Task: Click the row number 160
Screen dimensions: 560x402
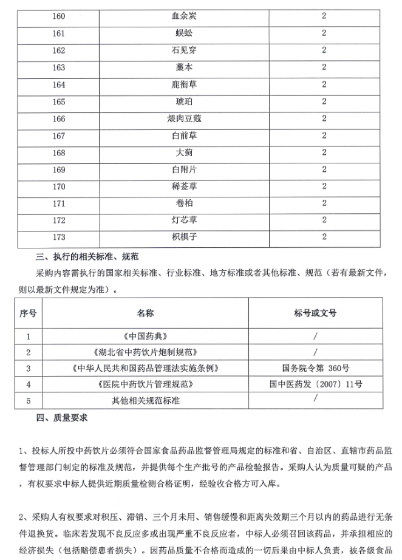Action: tap(59, 16)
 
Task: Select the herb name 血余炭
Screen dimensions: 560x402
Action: tap(184, 16)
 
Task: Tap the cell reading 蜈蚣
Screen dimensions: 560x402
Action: tap(184, 33)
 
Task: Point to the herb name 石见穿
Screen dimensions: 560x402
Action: tap(184, 50)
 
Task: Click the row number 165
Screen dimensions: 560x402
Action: tap(59, 101)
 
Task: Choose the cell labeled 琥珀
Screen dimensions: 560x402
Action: tap(184, 101)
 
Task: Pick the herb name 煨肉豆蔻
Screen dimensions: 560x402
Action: tap(184, 118)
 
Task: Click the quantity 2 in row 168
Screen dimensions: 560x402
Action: tap(324, 152)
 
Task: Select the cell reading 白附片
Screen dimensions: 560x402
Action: tap(184, 169)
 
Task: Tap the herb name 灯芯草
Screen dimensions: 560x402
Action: tap(184, 219)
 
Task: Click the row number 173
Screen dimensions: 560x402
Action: tap(59, 236)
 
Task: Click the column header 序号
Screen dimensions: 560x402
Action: tap(28, 313)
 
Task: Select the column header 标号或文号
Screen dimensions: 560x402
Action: tap(315, 313)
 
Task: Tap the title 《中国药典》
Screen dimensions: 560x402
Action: tap(145, 335)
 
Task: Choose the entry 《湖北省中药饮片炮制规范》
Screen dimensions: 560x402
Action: tap(145, 352)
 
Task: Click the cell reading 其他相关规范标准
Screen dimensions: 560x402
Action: tap(145, 401)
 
